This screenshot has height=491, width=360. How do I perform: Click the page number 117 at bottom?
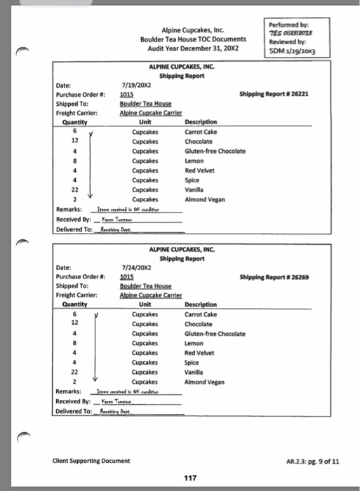(x=189, y=478)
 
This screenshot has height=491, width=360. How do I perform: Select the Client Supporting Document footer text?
(x=90, y=461)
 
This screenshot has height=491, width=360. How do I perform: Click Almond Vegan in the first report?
(x=204, y=199)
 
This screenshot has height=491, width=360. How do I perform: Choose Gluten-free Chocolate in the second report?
(x=215, y=334)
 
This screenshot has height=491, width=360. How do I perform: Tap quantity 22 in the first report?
(x=75, y=190)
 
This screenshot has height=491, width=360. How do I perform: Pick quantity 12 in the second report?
(x=75, y=324)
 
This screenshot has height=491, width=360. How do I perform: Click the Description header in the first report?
(x=201, y=121)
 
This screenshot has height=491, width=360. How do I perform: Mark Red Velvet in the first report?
(x=199, y=170)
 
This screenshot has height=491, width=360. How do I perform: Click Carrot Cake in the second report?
(x=200, y=314)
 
